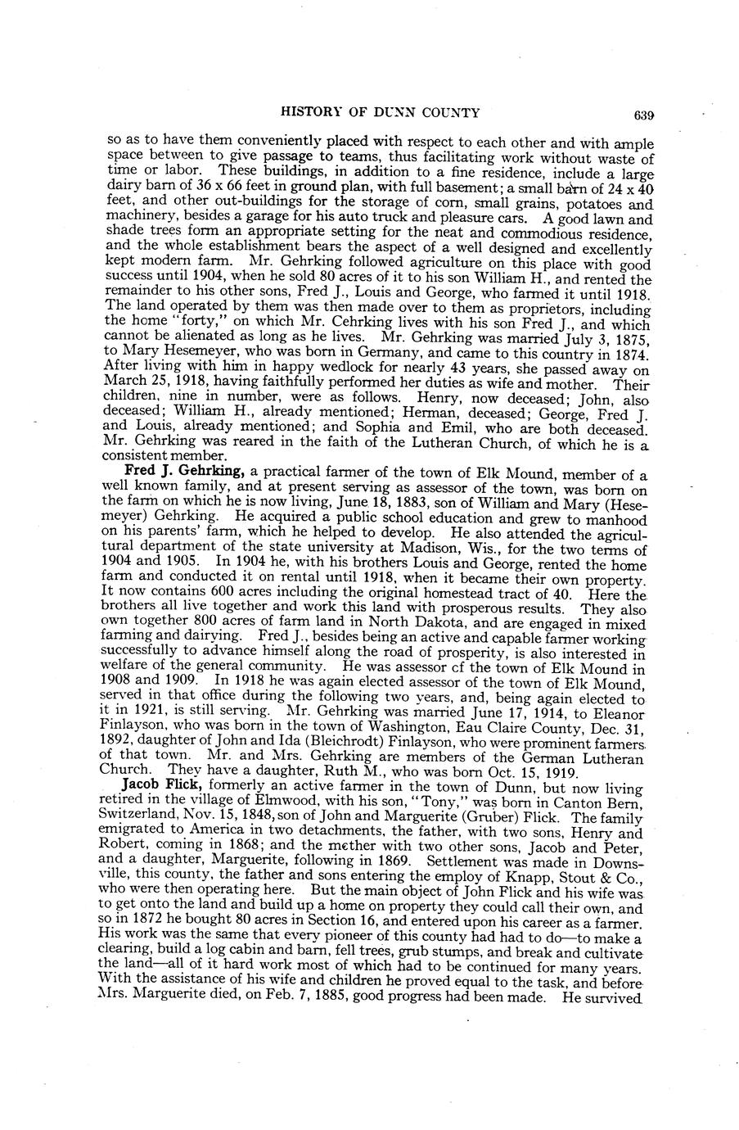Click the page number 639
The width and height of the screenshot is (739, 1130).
point(642,115)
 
